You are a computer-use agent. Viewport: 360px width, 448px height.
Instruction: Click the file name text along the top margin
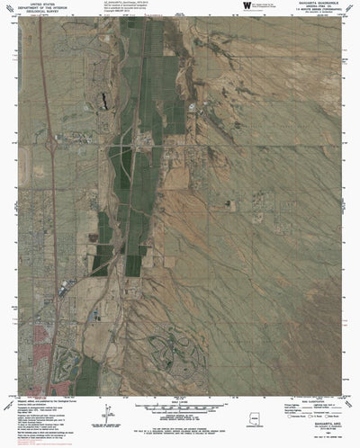[135, 4]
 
